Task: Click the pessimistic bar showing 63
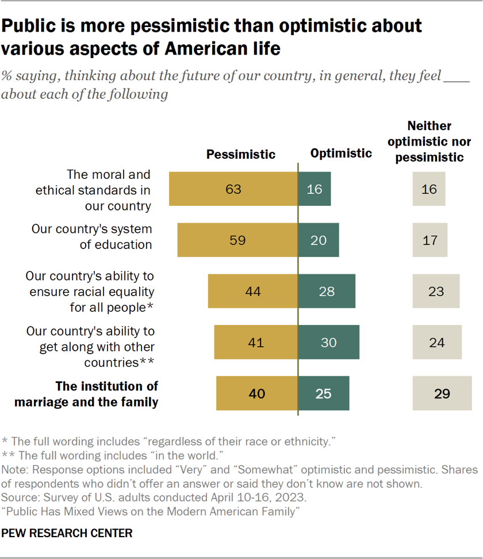(233, 189)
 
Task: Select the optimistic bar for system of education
(319, 240)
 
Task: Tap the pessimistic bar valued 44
(252, 291)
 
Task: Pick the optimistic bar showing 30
(329, 342)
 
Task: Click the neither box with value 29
(442, 393)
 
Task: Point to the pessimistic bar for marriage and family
(256, 393)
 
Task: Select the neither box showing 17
(430, 240)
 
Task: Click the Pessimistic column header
(241, 154)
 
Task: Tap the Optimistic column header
(341, 153)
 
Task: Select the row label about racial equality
(90, 291)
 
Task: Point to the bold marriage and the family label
(86, 394)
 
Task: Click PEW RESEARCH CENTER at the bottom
(67, 534)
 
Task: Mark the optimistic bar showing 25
(323, 393)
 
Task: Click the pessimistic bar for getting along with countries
(255, 342)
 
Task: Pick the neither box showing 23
(436, 291)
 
